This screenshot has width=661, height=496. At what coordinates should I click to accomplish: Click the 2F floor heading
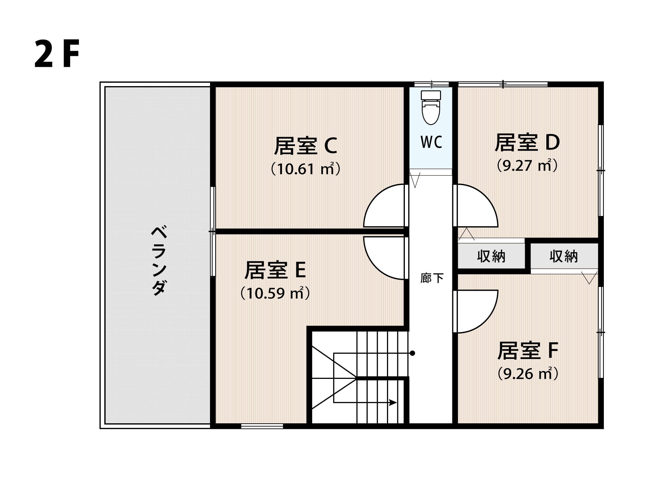(57, 54)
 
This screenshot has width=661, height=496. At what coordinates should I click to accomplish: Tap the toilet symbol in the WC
(431, 107)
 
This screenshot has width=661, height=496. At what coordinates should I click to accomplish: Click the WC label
(431, 142)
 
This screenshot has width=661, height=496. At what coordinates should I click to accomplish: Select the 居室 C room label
(305, 146)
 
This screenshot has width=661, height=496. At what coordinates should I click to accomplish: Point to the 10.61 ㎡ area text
(306, 169)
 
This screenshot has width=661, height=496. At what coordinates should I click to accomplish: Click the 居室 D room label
(527, 142)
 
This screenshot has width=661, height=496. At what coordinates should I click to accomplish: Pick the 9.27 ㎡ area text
(527, 165)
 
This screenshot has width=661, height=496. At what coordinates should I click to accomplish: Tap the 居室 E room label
(275, 270)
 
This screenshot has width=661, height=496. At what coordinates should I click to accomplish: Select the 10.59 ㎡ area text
(275, 293)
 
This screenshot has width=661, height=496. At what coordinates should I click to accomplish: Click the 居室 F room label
(528, 350)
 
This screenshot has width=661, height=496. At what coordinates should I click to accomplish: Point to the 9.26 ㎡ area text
(528, 373)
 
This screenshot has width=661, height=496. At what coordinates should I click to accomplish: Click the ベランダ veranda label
(159, 260)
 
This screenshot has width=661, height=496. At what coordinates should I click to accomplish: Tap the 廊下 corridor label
(432, 278)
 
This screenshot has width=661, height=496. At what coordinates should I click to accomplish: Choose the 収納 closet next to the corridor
(491, 256)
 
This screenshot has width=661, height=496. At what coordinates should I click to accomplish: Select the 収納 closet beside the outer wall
(564, 256)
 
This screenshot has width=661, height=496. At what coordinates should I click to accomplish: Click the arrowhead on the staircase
(393, 402)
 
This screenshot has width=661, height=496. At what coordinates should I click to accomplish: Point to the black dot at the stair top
(412, 353)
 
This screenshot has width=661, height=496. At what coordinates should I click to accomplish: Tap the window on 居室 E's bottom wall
(262, 426)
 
